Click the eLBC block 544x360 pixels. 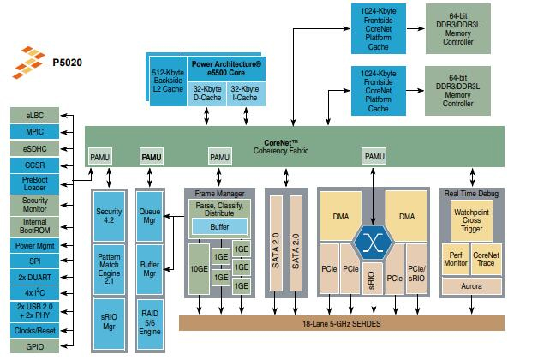35,115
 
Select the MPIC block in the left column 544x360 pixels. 35,131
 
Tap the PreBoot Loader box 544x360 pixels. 35,184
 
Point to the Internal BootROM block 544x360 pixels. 35,225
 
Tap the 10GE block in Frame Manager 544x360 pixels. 198,267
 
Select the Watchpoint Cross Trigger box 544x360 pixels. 471,219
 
